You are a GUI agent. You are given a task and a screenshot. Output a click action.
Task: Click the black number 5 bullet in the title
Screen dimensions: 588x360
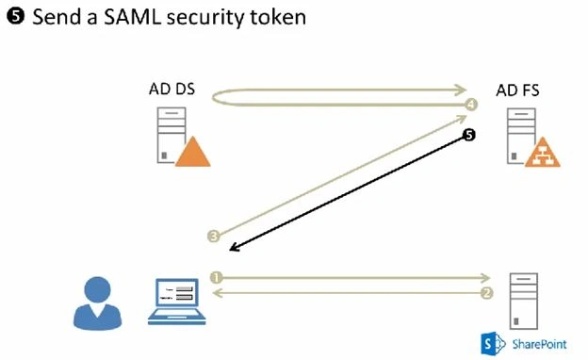(16, 17)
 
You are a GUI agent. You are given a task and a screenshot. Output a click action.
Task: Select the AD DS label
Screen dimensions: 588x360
(171, 90)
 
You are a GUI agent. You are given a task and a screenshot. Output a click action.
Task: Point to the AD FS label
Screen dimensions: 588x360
(517, 90)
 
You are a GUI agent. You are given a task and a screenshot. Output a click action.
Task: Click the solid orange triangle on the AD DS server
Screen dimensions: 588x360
(193, 152)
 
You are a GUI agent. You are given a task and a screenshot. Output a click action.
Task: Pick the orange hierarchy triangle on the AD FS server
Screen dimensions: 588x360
(542, 153)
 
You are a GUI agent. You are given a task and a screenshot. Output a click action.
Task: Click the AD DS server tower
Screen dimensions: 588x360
(171, 135)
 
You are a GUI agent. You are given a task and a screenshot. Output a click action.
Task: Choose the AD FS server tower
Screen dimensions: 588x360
(521, 136)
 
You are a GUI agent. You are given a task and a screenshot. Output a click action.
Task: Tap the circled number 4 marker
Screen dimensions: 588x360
(471, 105)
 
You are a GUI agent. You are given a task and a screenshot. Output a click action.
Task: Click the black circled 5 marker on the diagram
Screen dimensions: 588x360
(469, 135)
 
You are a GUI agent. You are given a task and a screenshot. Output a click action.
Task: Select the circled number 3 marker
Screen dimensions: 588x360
(213, 236)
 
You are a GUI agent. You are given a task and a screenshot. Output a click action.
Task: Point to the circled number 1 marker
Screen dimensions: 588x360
(216, 277)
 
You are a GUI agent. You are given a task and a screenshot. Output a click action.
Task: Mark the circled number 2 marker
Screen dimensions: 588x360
(486, 293)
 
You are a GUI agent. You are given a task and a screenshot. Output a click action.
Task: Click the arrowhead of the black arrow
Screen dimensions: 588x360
(234, 247)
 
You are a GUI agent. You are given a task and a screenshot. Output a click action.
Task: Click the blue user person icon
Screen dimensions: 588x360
(97, 303)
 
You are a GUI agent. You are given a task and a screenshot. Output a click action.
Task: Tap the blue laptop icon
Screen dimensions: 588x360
(176, 302)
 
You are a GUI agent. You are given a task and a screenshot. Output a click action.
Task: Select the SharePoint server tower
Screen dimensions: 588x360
(524, 302)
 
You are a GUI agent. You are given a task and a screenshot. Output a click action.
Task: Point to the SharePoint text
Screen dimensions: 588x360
(540, 344)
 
